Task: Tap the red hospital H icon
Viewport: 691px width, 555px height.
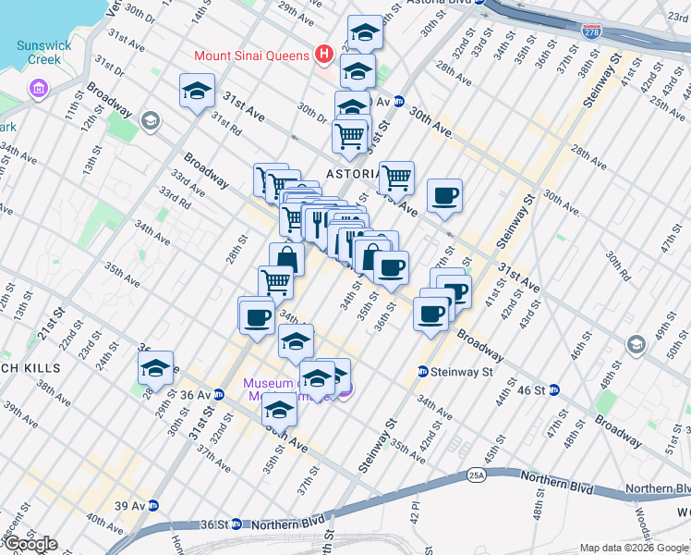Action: (323, 54)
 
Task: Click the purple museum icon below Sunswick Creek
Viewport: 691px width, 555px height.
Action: (39, 89)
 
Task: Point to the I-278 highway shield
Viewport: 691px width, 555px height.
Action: (591, 31)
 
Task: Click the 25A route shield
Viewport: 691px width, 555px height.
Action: (476, 475)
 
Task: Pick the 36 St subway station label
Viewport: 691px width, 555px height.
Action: (216, 524)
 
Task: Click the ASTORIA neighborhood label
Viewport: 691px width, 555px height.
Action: (349, 174)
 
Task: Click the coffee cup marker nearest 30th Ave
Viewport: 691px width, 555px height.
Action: (444, 196)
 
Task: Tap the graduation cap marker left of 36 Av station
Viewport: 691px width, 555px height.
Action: (156, 367)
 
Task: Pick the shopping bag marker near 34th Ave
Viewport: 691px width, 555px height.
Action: (286, 259)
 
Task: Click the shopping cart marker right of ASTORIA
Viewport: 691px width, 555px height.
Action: (396, 176)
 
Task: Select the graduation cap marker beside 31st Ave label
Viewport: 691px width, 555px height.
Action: (196, 91)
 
